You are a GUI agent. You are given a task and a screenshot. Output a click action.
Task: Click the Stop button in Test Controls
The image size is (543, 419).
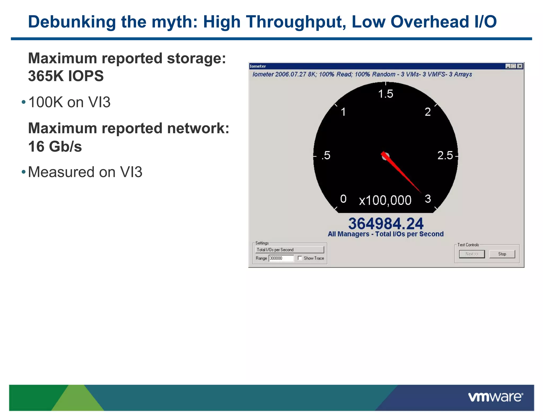[502, 254]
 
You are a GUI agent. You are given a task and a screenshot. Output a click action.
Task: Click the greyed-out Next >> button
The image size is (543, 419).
[472, 254]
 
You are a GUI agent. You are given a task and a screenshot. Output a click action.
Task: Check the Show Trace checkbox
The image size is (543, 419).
[300, 258]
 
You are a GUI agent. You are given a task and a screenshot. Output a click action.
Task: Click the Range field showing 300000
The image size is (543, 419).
[281, 258]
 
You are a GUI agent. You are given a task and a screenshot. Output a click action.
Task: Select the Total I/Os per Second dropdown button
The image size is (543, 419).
[290, 250]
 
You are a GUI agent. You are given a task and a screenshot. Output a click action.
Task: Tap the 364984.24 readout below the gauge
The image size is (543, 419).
[386, 224]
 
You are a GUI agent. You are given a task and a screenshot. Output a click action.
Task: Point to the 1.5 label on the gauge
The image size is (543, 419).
[386, 94]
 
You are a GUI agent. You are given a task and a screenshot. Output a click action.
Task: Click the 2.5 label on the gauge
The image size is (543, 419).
[445, 155]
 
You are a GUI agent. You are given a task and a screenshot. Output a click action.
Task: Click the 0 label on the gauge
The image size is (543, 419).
[343, 199]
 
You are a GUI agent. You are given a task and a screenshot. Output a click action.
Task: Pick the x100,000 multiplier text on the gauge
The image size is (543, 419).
[385, 200]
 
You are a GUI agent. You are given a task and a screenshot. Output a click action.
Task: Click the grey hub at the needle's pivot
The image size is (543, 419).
[386, 157]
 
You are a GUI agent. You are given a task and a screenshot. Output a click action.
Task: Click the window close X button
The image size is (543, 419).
[520, 66]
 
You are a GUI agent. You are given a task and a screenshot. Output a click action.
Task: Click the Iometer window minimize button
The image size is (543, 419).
[508, 66]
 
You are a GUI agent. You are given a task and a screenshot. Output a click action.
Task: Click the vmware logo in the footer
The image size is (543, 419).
[495, 397]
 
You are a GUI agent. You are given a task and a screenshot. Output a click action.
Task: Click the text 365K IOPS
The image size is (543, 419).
[66, 76]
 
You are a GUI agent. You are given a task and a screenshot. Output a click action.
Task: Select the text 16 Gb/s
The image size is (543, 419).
[55, 146]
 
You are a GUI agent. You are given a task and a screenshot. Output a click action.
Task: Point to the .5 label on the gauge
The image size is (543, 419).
[326, 155]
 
